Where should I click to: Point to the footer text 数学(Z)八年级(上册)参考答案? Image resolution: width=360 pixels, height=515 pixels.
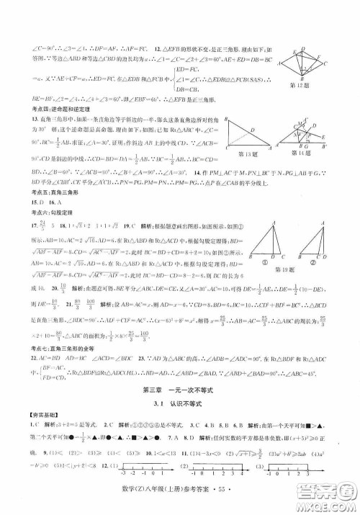pyautogui.click(x=205, y=503)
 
